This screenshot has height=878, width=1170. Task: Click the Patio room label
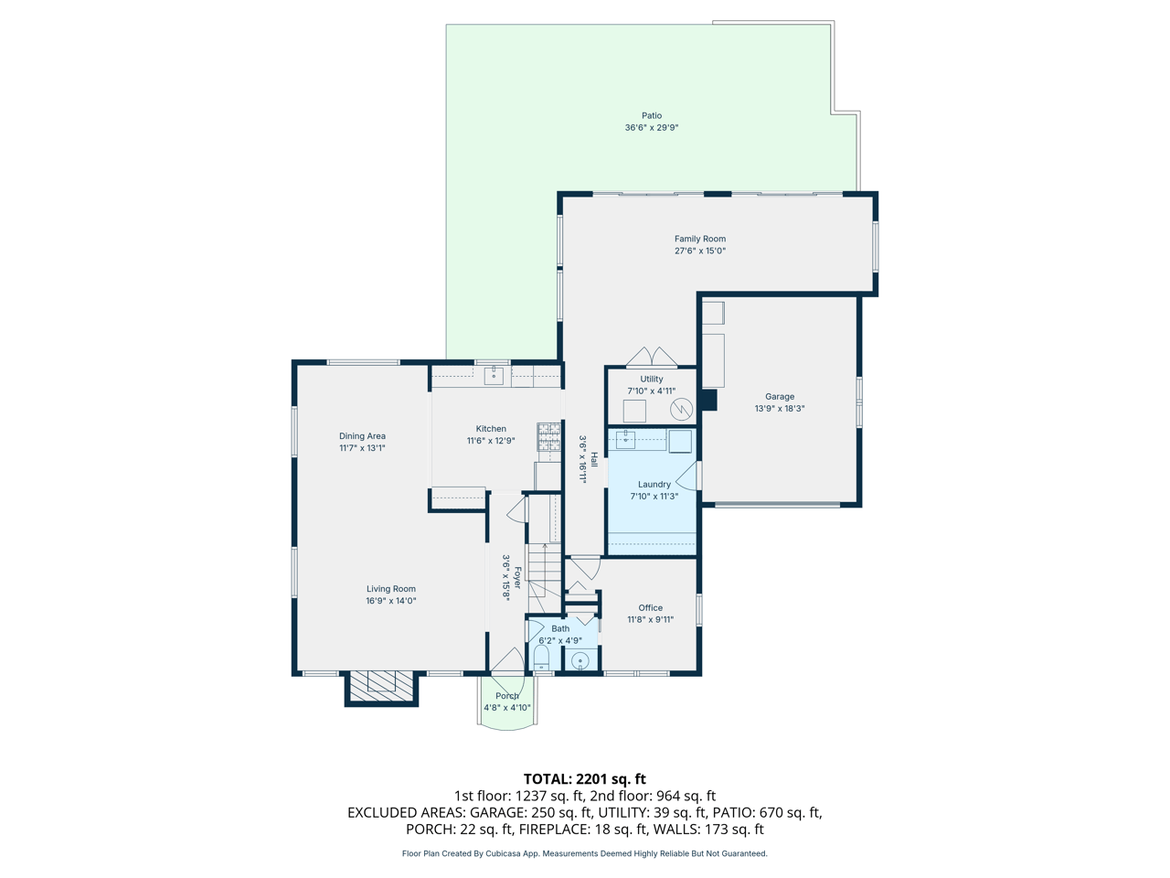651,116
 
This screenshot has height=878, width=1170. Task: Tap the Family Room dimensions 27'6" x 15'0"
700,251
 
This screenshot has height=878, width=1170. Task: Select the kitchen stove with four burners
548,437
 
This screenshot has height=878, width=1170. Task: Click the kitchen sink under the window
494,374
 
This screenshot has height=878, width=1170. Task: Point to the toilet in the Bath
541,658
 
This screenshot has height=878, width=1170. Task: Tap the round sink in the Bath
580,660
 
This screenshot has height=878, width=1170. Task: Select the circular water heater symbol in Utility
681,409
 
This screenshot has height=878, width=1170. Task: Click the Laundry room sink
626,440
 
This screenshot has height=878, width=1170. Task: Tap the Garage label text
780,397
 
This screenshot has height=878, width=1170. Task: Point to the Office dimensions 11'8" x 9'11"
650,620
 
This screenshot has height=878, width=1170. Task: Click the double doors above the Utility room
652,357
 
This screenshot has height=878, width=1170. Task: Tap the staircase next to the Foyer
545,567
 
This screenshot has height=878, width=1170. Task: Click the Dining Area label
362,436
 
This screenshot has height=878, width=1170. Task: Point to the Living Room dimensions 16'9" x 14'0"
391,601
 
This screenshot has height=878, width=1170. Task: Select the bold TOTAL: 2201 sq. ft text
585,779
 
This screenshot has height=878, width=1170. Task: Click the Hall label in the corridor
594,459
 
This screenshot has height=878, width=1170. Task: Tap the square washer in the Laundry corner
679,442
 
